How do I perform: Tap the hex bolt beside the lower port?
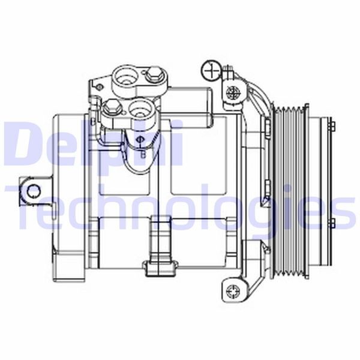click(x=110, y=109)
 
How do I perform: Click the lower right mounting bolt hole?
click(x=233, y=292)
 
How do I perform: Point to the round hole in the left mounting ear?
click(x=34, y=191)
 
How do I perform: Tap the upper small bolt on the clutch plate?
click(x=331, y=125)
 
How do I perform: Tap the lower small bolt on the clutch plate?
click(x=331, y=224)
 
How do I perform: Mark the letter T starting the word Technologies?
click(x=24, y=207)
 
